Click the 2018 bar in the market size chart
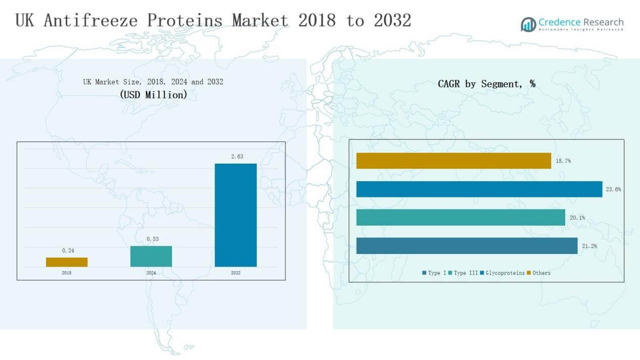coord(67,262)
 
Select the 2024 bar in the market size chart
coord(151,256)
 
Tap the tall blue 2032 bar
coord(235,215)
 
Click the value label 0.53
coord(152,239)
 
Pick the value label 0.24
coord(67,250)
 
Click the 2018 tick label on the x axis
coord(67,273)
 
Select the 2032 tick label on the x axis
coord(235,273)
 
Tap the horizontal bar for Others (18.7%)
coord(453,161)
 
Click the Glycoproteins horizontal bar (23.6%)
coord(479,189)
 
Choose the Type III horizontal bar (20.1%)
coord(460,217)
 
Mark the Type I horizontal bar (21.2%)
coord(466,246)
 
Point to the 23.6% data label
coord(613,189)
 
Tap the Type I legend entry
coord(434,273)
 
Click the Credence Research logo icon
coord(528,24)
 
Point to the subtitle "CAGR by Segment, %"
coord(486,84)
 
